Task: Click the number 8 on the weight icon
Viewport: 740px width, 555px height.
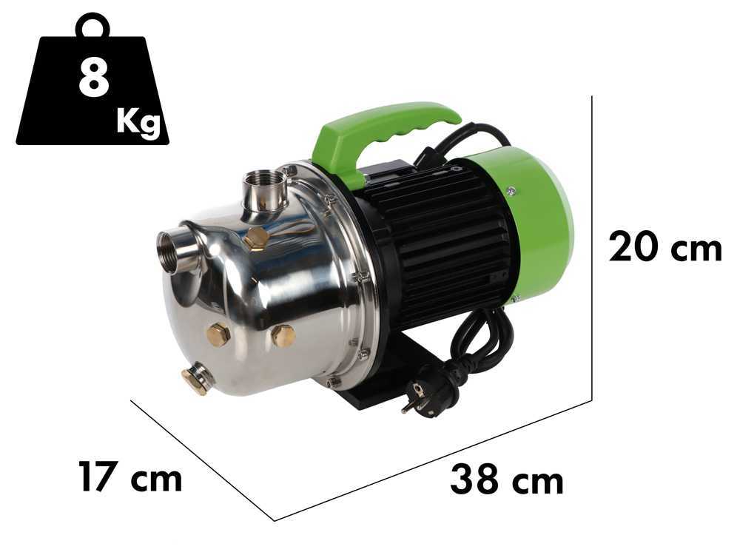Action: coord(94,79)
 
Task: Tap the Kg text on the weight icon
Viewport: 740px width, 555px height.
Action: coord(138,123)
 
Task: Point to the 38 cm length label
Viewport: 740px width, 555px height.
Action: coord(507,480)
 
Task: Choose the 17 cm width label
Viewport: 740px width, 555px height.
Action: coord(130,477)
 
